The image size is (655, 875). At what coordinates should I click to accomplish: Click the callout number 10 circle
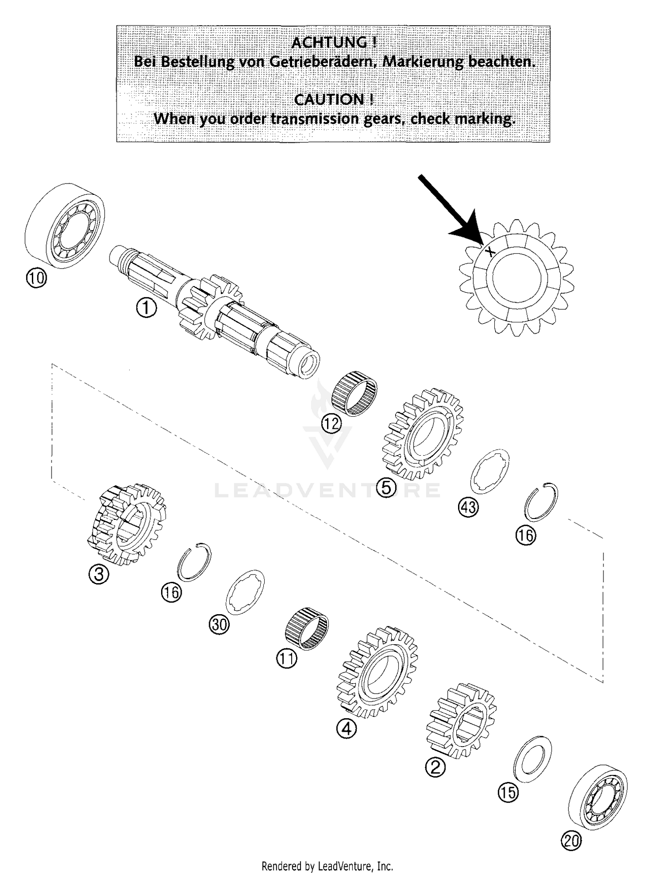coord(36,278)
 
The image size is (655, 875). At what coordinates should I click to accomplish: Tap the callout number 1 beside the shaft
coord(146,308)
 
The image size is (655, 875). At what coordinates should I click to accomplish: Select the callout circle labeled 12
coord(331,423)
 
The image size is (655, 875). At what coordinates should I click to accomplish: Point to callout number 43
coord(468,507)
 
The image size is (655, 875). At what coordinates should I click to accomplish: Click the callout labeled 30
coord(219,625)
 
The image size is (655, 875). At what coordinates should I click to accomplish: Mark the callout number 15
coord(508,792)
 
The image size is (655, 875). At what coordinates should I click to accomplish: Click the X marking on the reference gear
coord(491,251)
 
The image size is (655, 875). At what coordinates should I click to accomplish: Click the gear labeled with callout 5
coord(423,433)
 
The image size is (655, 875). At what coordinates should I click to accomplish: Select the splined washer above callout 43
coord(490,471)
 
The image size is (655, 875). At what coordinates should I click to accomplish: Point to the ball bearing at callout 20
coord(598,797)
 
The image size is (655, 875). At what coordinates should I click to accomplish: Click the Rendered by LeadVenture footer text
coord(327,865)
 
